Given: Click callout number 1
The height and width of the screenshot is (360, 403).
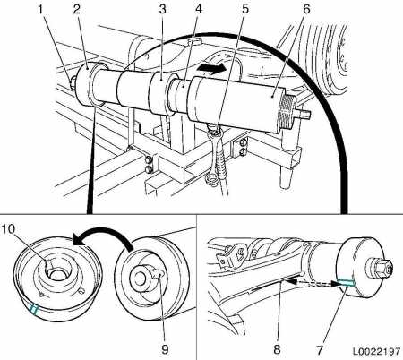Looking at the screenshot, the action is coord(41,9).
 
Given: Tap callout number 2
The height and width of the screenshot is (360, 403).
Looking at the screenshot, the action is coord(77,9).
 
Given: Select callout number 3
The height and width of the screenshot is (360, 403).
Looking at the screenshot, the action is coord(162,9).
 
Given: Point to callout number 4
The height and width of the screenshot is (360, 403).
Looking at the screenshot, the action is coord(199,9).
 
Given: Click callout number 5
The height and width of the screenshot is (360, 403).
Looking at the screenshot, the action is coord(245,9).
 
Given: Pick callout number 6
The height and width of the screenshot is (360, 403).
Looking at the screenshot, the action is coord(306,9).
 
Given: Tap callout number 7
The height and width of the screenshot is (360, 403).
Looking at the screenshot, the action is coord(320,349).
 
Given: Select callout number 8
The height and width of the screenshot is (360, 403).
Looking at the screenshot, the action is coord(277,349).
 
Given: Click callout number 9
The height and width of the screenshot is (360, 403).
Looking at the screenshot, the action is coord(165,349).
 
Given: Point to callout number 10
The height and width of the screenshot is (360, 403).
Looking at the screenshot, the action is coord(8,229).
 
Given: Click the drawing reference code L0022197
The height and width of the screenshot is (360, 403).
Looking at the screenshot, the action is coord(376,351).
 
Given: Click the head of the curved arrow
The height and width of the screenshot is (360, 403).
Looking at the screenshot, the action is coord(79,239).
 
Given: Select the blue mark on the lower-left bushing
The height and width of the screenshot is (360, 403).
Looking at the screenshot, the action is coord(34,309).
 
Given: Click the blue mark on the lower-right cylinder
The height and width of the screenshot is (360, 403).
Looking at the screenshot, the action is coord(346,283).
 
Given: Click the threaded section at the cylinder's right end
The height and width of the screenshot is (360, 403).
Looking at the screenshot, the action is coord(287,112).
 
